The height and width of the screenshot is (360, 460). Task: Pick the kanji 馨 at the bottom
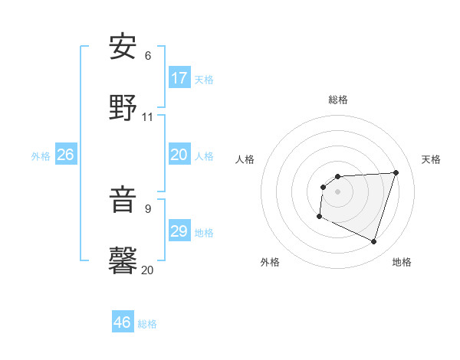123,260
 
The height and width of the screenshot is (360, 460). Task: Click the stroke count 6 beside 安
148,56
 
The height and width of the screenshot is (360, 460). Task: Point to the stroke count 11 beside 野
148,117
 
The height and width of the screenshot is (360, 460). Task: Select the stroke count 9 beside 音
148,208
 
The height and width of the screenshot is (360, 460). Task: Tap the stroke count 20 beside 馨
148,270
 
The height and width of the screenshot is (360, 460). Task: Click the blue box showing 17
179,78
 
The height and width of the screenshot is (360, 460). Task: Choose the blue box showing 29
179,231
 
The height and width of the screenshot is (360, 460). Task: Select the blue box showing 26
66,155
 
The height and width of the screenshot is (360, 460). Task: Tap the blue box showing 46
123,322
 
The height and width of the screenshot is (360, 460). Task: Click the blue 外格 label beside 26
41,156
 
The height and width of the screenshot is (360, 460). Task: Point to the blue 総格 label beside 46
147,324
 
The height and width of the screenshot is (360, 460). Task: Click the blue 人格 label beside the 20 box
204,156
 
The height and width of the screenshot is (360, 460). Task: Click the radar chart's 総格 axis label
338,100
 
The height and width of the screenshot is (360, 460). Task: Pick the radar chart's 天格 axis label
431,159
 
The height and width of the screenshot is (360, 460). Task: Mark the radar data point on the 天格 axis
396,172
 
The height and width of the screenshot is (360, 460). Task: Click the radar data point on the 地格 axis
373,241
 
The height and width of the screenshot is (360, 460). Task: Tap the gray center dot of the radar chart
337,191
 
